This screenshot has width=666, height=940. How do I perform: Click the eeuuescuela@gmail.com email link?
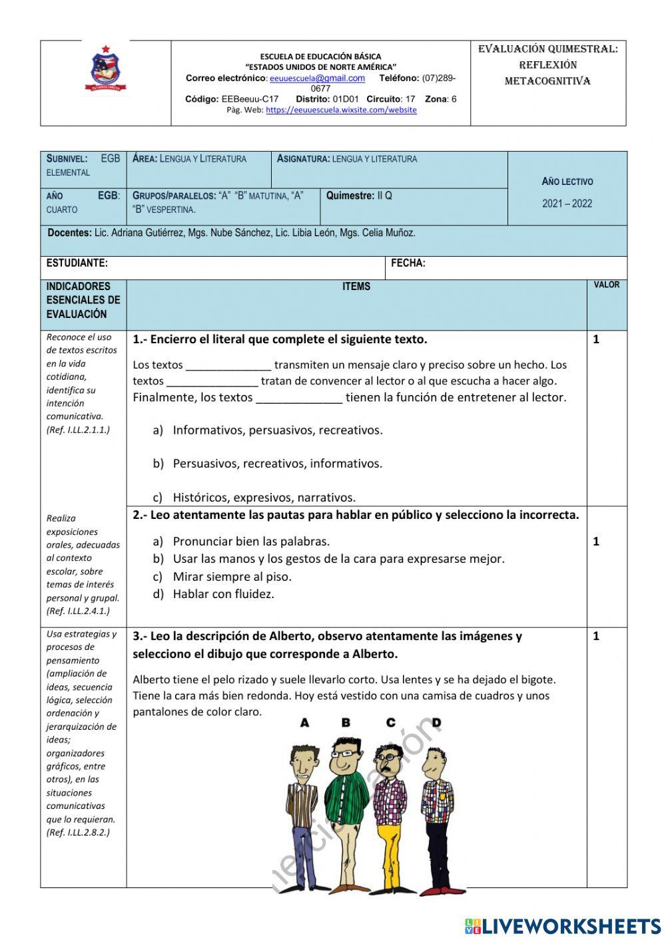(317, 78)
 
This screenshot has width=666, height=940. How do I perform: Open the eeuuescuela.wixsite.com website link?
(341, 110)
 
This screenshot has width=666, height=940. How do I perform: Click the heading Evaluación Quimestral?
(547, 49)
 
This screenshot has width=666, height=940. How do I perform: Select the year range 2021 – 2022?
(567, 204)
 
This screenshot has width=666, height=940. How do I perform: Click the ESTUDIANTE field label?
(77, 263)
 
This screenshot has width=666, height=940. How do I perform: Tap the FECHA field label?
(408, 263)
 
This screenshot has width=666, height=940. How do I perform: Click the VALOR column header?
(606, 285)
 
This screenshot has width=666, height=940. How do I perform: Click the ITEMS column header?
(356, 287)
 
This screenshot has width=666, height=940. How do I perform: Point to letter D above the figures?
(436, 722)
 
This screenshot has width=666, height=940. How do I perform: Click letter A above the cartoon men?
(304, 722)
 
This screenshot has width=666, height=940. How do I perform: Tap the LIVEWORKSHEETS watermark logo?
(562, 926)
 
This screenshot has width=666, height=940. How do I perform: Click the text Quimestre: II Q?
(359, 196)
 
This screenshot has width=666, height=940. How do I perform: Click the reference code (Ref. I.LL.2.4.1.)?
(78, 611)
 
